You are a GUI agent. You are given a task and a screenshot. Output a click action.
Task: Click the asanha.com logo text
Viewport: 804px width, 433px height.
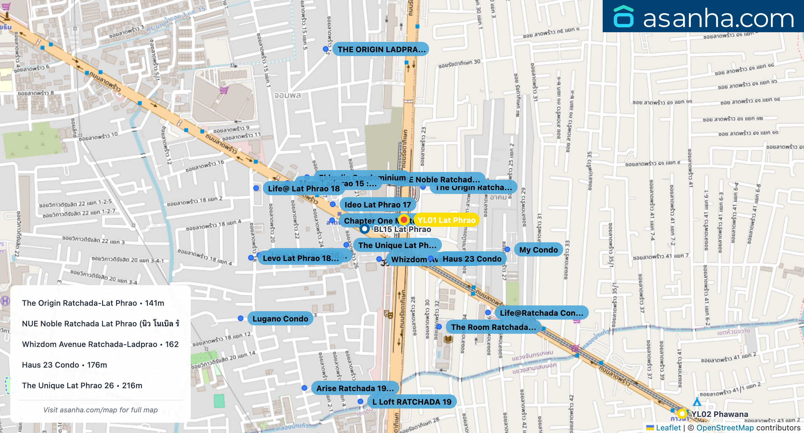click(x=718, y=18)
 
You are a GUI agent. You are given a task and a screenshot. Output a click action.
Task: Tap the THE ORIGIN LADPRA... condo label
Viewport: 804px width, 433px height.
click(x=381, y=49)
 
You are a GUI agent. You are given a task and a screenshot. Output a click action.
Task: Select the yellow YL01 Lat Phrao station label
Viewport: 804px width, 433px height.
click(x=446, y=220)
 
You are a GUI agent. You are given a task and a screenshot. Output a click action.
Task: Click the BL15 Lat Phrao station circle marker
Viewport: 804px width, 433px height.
click(x=364, y=229)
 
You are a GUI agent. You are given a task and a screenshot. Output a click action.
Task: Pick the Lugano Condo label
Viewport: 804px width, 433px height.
click(x=280, y=319)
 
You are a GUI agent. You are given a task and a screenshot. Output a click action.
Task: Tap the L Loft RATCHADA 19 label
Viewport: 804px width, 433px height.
click(x=412, y=402)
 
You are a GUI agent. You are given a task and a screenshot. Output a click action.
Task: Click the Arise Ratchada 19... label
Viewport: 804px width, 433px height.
click(x=355, y=388)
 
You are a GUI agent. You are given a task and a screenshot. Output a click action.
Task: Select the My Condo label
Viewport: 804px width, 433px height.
click(x=538, y=250)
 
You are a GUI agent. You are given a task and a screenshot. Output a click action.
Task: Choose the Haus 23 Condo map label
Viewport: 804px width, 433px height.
click(x=472, y=259)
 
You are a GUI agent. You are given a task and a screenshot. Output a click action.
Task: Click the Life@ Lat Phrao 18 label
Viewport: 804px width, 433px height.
click(x=303, y=188)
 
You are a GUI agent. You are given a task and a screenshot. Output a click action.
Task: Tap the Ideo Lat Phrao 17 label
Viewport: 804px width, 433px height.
click(x=378, y=205)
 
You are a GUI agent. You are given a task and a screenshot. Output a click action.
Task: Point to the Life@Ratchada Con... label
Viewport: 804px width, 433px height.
click(x=541, y=313)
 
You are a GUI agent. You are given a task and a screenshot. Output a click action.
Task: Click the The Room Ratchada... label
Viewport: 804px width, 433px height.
click(x=493, y=327)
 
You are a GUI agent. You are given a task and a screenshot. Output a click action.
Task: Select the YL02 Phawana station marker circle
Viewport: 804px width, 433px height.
click(x=682, y=413)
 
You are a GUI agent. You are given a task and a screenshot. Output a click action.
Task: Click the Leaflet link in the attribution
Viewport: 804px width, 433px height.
click(x=668, y=428)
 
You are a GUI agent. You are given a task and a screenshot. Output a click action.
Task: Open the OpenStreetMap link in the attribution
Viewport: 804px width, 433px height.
click(x=725, y=428)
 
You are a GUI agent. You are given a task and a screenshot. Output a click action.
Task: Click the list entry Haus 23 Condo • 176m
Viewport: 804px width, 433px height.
click(x=64, y=365)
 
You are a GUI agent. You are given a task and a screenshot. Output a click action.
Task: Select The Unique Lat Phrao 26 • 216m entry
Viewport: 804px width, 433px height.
click(x=82, y=385)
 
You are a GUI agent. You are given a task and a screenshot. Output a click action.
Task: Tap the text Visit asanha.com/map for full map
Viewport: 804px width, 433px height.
click(x=100, y=410)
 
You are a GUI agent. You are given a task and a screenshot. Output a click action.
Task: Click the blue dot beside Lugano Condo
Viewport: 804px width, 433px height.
click(x=241, y=318)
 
